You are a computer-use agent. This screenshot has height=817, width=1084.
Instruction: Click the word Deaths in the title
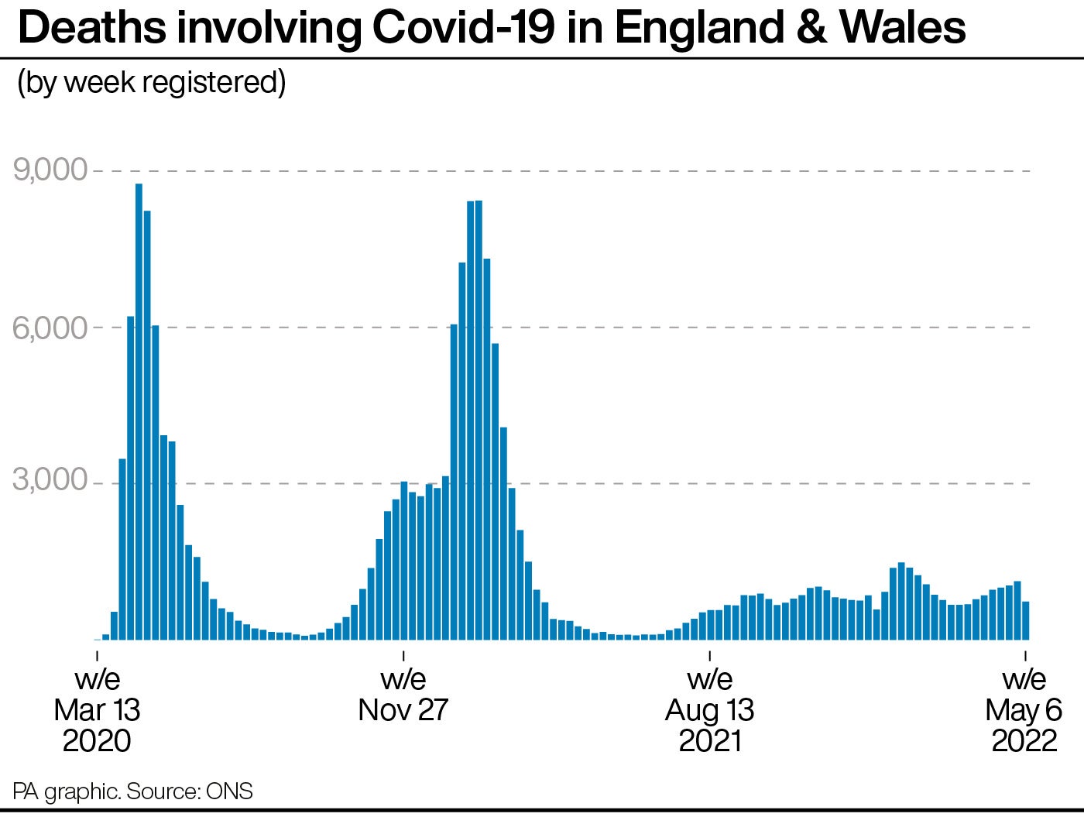pyautogui.click(x=91, y=28)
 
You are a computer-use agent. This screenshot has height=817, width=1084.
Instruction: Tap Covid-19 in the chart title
pyautogui.click(x=462, y=28)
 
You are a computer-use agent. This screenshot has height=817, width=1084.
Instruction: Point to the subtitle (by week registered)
pyautogui.click(x=152, y=82)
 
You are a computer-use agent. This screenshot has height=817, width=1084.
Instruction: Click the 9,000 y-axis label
pyautogui.click(x=50, y=170)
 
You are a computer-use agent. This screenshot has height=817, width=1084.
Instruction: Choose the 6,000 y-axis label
pyautogui.click(x=50, y=328)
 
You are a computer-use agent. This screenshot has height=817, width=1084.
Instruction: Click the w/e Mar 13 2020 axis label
pyautogui.click(x=97, y=710)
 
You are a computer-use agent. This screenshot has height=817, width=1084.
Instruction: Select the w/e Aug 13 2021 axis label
pyautogui.click(x=710, y=710)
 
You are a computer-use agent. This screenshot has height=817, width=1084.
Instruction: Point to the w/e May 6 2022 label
pyautogui.click(x=1024, y=710)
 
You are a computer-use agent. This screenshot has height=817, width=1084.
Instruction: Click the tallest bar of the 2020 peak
pyautogui.click(x=139, y=410)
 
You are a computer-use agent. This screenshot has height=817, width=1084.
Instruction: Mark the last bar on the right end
pyautogui.click(x=1026, y=620)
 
